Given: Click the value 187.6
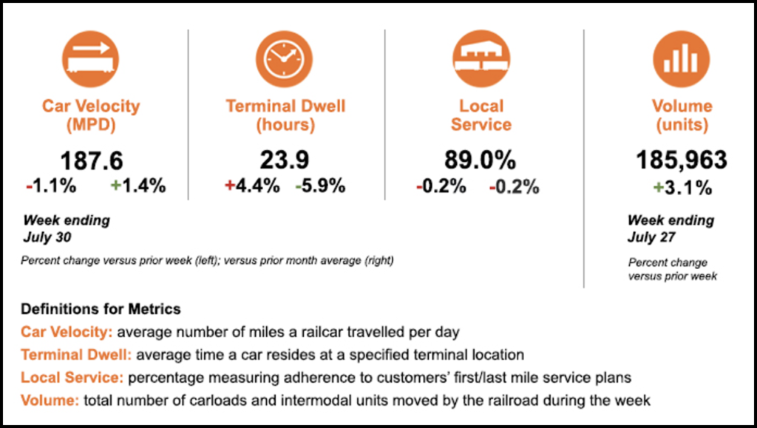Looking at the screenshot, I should click(x=92, y=160).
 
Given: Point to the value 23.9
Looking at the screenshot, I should click(x=285, y=160).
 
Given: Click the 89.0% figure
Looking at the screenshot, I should click(x=480, y=160).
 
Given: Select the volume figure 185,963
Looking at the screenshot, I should click(x=682, y=160).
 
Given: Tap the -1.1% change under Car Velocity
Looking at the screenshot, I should click(x=51, y=186).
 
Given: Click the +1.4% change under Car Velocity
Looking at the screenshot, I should click(x=138, y=186).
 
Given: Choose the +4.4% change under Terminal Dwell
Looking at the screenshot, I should click(x=251, y=186).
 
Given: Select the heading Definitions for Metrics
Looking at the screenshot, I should click(x=101, y=308).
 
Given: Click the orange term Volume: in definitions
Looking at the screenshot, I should click(x=50, y=401).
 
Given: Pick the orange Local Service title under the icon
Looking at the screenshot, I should click(x=481, y=115).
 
